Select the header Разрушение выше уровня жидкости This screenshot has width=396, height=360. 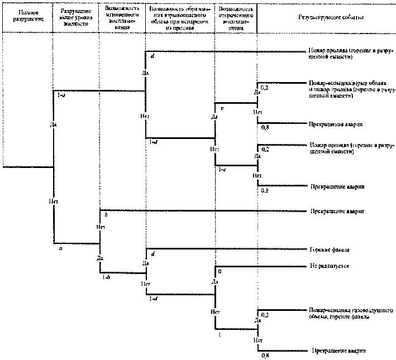pos(76,15)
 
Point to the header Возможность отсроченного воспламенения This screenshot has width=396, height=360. pos(237,15)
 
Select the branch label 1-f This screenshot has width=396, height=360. pos(152,142)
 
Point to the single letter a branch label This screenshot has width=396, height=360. pos(60,248)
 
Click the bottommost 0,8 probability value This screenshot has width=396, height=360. pos(266,356)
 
